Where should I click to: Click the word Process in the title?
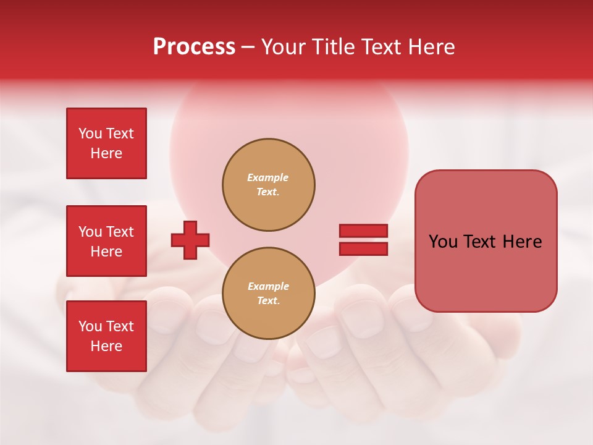coord(194,47)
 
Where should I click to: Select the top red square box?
coord(106,143)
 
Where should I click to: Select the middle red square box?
coord(106,241)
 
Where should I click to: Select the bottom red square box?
coord(106,336)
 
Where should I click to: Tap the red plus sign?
coord(190,240)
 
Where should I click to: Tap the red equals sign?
coord(363,240)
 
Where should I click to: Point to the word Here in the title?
coord(431,47)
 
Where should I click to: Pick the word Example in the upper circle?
coord(267,177)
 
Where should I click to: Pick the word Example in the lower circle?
coord(268,286)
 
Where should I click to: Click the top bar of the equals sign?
coord(363,231)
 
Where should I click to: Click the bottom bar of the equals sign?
coord(363,248)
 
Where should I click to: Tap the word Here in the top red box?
coord(106,153)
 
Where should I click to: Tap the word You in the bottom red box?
coord(90,326)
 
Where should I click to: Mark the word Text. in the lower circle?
coord(268,301)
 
